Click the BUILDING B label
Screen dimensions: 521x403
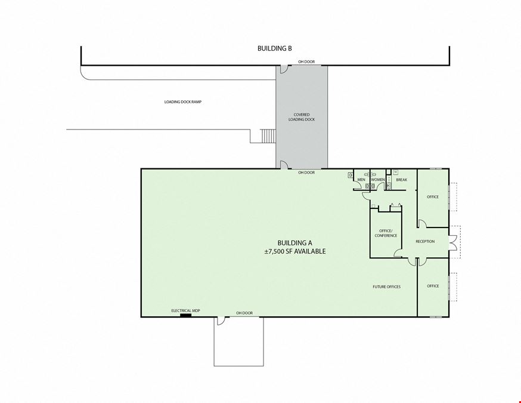[x=274, y=48]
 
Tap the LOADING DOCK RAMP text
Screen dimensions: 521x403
[x=183, y=102]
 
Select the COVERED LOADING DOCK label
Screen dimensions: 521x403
[x=302, y=117]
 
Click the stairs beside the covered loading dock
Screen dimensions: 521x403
[x=268, y=136]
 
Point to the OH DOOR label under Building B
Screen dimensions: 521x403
[x=306, y=62]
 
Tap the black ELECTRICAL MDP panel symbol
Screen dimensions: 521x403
[x=185, y=315]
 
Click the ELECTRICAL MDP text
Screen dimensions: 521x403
[x=185, y=311]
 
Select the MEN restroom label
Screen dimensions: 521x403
[x=361, y=180]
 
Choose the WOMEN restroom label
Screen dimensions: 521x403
[x=378, y=180]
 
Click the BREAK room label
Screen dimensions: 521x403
[x=401, y=180]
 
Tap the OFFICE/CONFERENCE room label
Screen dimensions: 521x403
[x=386, y=233]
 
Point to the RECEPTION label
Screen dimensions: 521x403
[x=425, y=241]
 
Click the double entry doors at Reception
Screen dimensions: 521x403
[x=453, y=242]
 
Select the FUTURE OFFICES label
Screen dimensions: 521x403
[x=386, y=287]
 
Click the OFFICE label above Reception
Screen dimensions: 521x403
[x=433, y=196]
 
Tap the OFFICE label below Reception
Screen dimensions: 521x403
[x=433, y=286]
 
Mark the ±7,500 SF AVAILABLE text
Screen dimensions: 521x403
[x=294, y=251]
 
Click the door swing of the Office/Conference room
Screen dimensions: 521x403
[x=398, y=253]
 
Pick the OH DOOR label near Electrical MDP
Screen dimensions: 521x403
[x=244, y=313]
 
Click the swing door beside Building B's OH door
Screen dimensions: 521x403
[x=283, y=69]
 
